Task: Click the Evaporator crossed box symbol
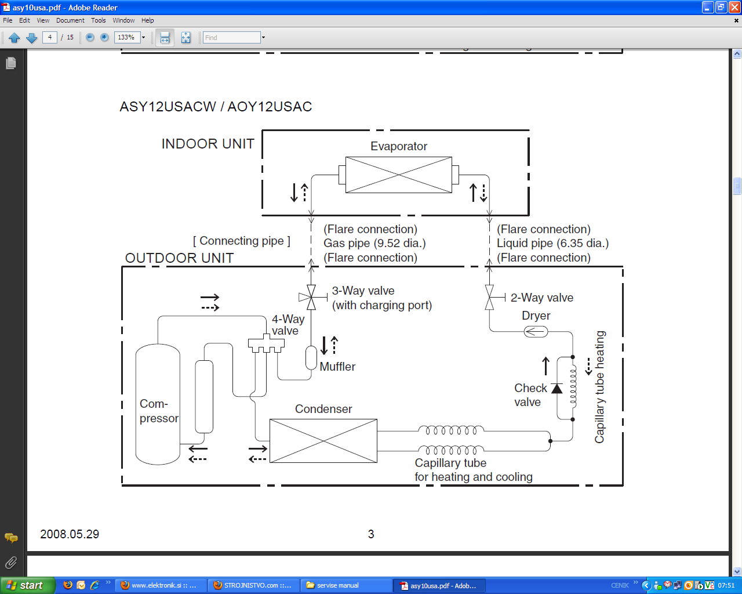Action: click(398, 175)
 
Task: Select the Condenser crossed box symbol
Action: click(323, 441)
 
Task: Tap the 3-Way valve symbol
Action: click(311, 298)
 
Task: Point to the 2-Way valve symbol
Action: click(490, 298)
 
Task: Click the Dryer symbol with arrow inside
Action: click(536, 332)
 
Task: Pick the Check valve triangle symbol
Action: click(557, 388)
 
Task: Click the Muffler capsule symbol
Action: click(311, 357)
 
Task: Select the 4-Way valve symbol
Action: click(266, 345)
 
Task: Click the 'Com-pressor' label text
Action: click(158, 411)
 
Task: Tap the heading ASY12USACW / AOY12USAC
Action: click(216, 107)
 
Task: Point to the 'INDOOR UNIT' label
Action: click(208, 144)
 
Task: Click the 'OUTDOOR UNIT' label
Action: click(179, 258)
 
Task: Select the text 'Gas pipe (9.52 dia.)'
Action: click(374, 243)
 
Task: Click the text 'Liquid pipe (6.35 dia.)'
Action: click(552, 243)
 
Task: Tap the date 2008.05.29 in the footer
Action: click(70, 534)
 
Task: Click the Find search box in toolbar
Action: click(231, 38)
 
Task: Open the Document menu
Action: click(70, 20)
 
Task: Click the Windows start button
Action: click(27, 585)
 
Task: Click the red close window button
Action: click(734, 8)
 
